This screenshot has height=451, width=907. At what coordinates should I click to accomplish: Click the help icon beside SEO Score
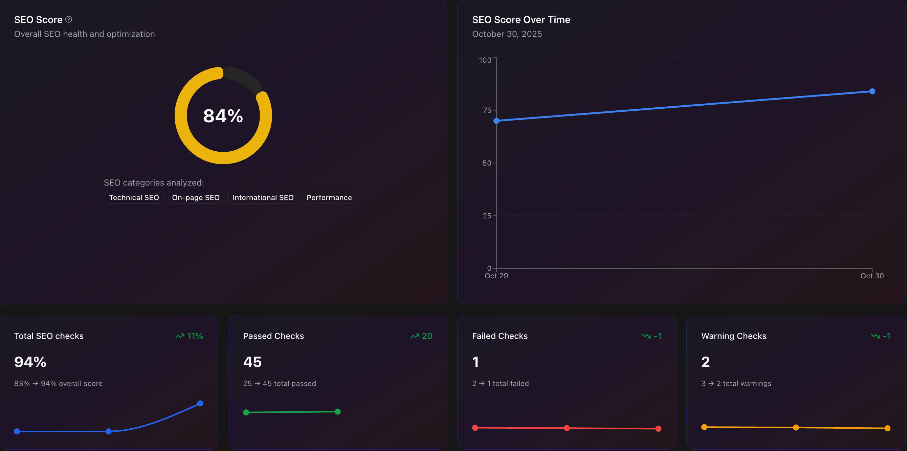tap(69, 19)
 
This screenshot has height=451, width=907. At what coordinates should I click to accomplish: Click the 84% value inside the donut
tap(223, 116)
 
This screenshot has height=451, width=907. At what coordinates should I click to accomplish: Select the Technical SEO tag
tap(134, 197)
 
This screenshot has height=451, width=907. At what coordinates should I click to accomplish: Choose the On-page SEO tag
tap(196, 197)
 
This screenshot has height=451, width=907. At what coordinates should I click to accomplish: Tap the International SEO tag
tap(263, 197)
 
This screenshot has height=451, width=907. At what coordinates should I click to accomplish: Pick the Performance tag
tap(329, 197)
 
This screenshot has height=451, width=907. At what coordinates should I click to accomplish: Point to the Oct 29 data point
tap(496, 121)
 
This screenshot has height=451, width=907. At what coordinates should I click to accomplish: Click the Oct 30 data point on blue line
tap(872, 91)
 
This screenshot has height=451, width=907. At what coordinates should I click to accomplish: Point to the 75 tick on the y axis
tap(487, 110)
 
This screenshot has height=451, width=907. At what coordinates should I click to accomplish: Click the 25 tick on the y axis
tap(487, 216)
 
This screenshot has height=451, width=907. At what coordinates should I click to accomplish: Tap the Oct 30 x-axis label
tap(872, 276)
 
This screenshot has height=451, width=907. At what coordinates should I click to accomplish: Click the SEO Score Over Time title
tap(521, 20)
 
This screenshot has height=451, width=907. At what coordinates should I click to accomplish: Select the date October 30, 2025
tap(507, 34)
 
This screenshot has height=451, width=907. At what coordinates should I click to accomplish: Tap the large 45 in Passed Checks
tap(252, 362)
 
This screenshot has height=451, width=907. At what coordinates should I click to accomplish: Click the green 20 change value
tap(427, 336)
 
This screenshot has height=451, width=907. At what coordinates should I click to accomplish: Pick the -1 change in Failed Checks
tap(657, 336)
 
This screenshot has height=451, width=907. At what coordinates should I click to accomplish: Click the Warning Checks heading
tap(733, 336)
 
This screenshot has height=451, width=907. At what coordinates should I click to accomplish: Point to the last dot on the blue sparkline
tap(200, 404)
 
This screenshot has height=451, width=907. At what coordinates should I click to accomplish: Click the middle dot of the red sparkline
tap(567, 428)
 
